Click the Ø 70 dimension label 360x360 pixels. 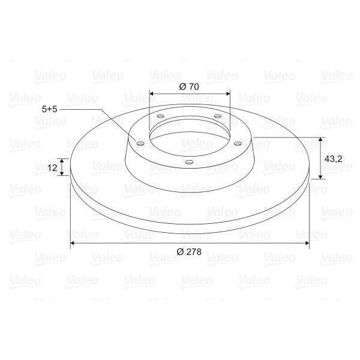[189, 87]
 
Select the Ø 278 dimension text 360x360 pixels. [189, 252]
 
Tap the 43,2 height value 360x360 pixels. [333, 158]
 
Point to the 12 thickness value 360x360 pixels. [52, 168]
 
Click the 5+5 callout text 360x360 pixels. [49, 109]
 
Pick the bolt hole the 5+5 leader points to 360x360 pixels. [140, 144]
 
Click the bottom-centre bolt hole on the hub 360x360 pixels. [189, 163]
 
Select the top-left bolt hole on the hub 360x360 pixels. [160, 116]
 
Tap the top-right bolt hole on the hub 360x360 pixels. [218, 116]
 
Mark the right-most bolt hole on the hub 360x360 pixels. [238, 144]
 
